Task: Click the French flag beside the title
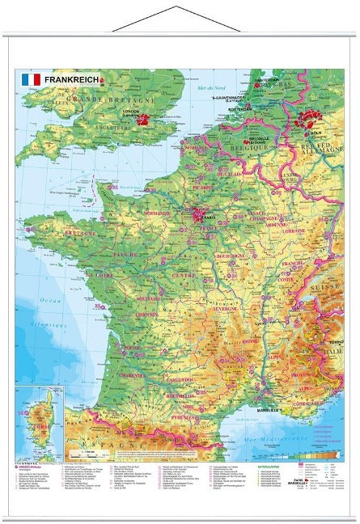point(31,80)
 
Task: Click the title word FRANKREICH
point(70,80)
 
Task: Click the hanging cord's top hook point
point(180,6)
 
